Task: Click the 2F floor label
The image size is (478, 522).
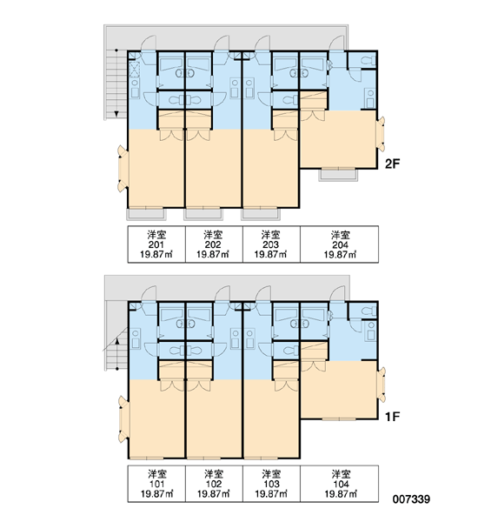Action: click(393, 164)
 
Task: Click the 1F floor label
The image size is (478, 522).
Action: click(393, 416)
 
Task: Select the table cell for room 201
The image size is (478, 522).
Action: click(156, 244)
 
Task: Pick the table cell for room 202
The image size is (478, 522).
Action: click(214, 244)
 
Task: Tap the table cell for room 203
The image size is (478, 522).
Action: click(271, 244)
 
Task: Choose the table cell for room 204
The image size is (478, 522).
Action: click(339, 244)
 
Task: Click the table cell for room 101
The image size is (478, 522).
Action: click(156, 484)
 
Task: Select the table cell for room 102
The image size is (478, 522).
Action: click(214, 484)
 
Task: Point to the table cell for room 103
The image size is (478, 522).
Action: click(271, 484)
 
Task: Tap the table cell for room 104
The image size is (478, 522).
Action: click(339, 484)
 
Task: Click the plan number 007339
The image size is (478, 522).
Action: click(411, 499)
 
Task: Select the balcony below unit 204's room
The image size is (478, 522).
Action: click(338, 175)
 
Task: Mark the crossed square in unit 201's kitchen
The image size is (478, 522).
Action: click(135, 70)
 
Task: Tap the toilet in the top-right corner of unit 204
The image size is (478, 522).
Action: click(368, 61)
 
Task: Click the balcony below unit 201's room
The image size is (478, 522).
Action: click(146, 214)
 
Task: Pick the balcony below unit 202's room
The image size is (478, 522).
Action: click(203, 214)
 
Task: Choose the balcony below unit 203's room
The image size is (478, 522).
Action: click(261, 214)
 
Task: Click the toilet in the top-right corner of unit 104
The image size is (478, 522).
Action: click(368, 311)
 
